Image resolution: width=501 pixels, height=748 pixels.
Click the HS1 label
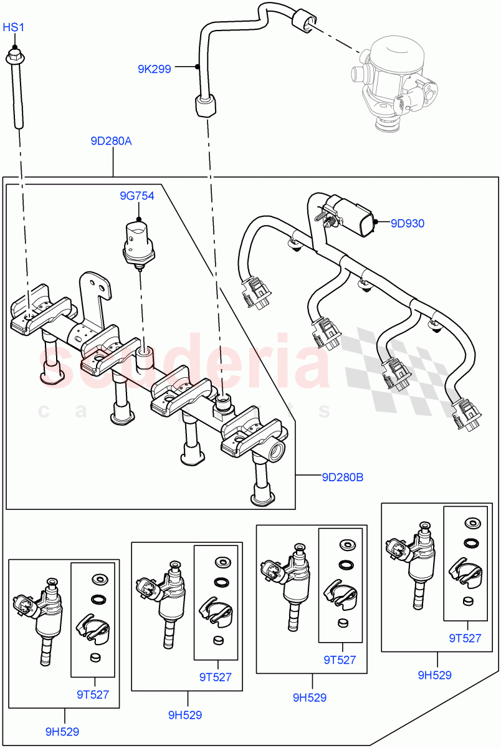pyautogui.click(x=13, y=27)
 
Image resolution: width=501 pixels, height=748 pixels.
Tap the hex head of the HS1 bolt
pyautogui.click(x=14, y=57)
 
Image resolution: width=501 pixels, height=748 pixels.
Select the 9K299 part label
pyautogui.click(x=154, y=69)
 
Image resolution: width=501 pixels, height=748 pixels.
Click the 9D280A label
pyautogui.click(x=111, y=141)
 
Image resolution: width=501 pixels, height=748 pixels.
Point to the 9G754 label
pyautogui.click(x=137, y=196)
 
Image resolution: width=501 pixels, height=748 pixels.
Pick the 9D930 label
pyautogui.click(x=408, y=223)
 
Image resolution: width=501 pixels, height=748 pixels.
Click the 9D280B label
pyautogui.click(x=342, y=478)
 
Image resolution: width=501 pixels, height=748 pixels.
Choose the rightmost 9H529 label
pyautogui.click(x=435, y=674)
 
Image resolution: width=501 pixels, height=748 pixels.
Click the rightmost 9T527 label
pyautogui.click(x=465, y=638)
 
